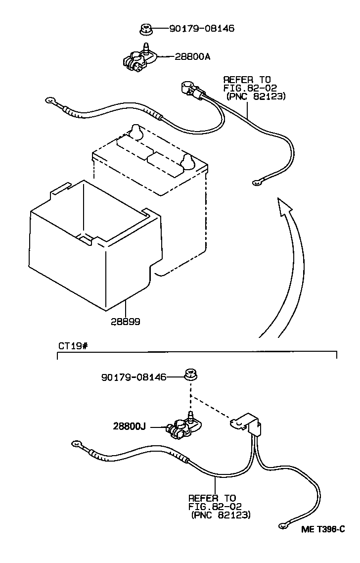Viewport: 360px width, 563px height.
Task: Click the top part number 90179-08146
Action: (x=201, y=29)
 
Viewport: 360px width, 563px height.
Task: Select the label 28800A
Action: (x=192, y=57)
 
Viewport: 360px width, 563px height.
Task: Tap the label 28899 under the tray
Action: (x=125, y=322)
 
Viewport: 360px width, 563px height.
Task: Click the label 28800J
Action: (x=129, y=425)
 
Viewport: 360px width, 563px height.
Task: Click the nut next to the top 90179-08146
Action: (x=145, y=30)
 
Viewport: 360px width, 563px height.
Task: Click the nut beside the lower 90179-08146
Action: (x=189, y=375)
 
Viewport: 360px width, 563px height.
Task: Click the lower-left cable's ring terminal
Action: (x=77, y=443)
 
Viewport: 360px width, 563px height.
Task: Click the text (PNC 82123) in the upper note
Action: (x=256, y=96)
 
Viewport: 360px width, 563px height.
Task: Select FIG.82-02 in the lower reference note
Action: (x=212, y=506)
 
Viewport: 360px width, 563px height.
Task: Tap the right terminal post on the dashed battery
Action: (x=188, y=161)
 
